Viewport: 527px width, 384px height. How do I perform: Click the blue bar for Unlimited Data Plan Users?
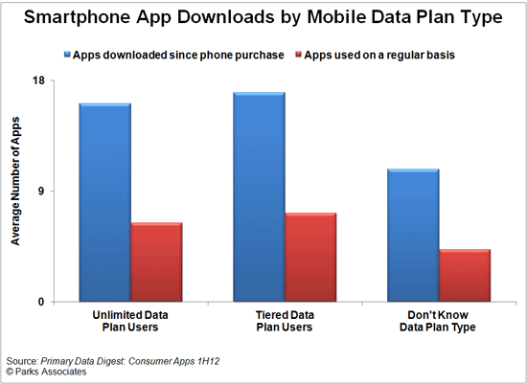click(x=104, y=202)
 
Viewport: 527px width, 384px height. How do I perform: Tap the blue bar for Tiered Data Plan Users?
click(x=259, y=196)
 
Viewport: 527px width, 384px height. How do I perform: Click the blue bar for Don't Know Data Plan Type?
click(x=413, y=235)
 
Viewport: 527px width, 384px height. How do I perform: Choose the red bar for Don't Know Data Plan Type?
click(x=465, y=275)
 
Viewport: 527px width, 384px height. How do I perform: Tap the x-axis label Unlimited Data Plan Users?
click(x=131, y=321)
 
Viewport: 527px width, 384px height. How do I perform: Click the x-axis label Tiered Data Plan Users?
click(x=285, y=321)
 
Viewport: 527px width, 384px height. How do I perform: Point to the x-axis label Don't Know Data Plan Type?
click(x=438, y=321)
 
